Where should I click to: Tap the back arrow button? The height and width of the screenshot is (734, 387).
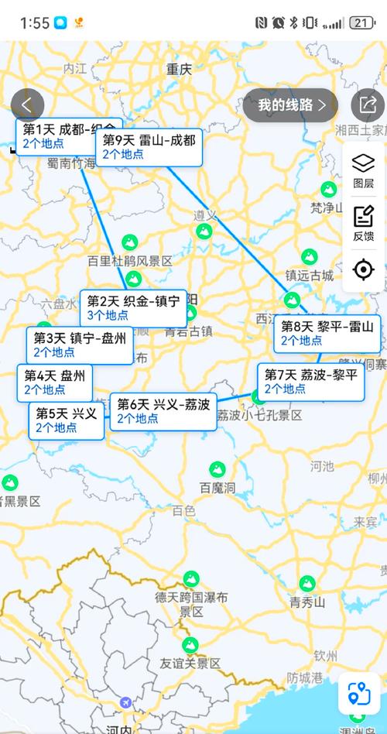pos(27,105)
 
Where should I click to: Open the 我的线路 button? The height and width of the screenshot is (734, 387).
pos(290,105)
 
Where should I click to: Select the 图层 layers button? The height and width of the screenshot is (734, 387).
pos(363,170)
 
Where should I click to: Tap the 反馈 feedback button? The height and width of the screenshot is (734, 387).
pos(363,223)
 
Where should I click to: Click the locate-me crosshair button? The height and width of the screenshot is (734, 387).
pos(363,269)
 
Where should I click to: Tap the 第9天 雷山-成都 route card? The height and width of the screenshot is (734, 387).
pos(149,147)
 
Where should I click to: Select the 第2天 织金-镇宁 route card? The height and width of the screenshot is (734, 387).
pos(133,307)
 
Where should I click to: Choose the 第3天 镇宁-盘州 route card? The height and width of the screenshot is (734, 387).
pos(80,345)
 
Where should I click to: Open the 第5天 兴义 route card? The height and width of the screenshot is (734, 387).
pos(67,420)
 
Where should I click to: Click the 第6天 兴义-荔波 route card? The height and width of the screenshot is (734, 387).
pos(163,411)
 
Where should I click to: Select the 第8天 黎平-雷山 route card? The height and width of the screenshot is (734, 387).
pos(327,333)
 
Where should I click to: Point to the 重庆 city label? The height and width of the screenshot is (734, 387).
pos(179,70)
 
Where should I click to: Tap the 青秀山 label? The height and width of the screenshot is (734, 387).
pos(307,602)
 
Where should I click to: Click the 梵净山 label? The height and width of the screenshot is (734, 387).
pos(327,208)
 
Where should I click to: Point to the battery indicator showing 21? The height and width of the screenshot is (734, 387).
pos(361,22)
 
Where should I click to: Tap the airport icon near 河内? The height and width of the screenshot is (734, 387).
pos(125,702)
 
